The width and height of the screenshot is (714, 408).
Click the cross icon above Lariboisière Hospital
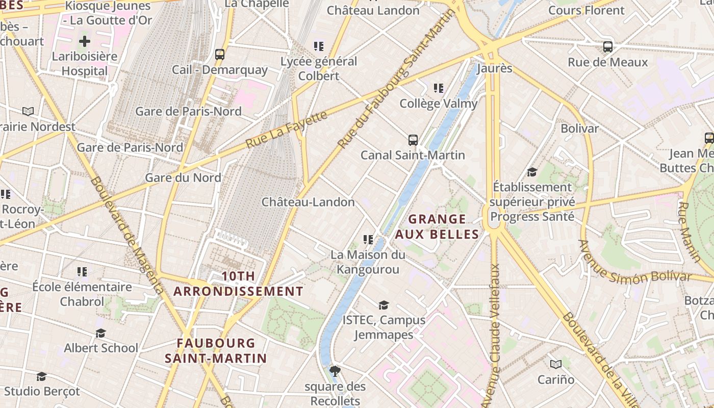pos(85,41)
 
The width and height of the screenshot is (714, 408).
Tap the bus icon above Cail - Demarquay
pos(220,54)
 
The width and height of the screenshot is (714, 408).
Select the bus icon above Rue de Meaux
pos(607,47)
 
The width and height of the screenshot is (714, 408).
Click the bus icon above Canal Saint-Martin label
pos(413,140)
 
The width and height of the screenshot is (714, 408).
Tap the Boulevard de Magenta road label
pos(127,235)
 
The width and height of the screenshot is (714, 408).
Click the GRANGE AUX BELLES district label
pos(437,227)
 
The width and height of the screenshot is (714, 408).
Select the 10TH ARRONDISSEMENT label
pos(238,284)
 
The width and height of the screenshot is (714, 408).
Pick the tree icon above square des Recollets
pos(335,371)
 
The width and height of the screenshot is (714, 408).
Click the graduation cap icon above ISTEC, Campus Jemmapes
pos(384,305)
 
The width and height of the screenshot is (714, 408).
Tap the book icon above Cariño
pos(556,364)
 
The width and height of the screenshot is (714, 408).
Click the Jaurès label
pos(494,68)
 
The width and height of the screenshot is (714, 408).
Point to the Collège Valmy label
pos(438,104)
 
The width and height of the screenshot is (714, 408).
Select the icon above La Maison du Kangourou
pos(368,239)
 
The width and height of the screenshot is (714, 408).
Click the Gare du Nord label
pos(183,177)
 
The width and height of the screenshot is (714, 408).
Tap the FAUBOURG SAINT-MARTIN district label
pos(216,350)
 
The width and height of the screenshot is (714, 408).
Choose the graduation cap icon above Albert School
pos(100,333)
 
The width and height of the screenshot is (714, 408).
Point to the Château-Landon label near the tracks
pos(308,202)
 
